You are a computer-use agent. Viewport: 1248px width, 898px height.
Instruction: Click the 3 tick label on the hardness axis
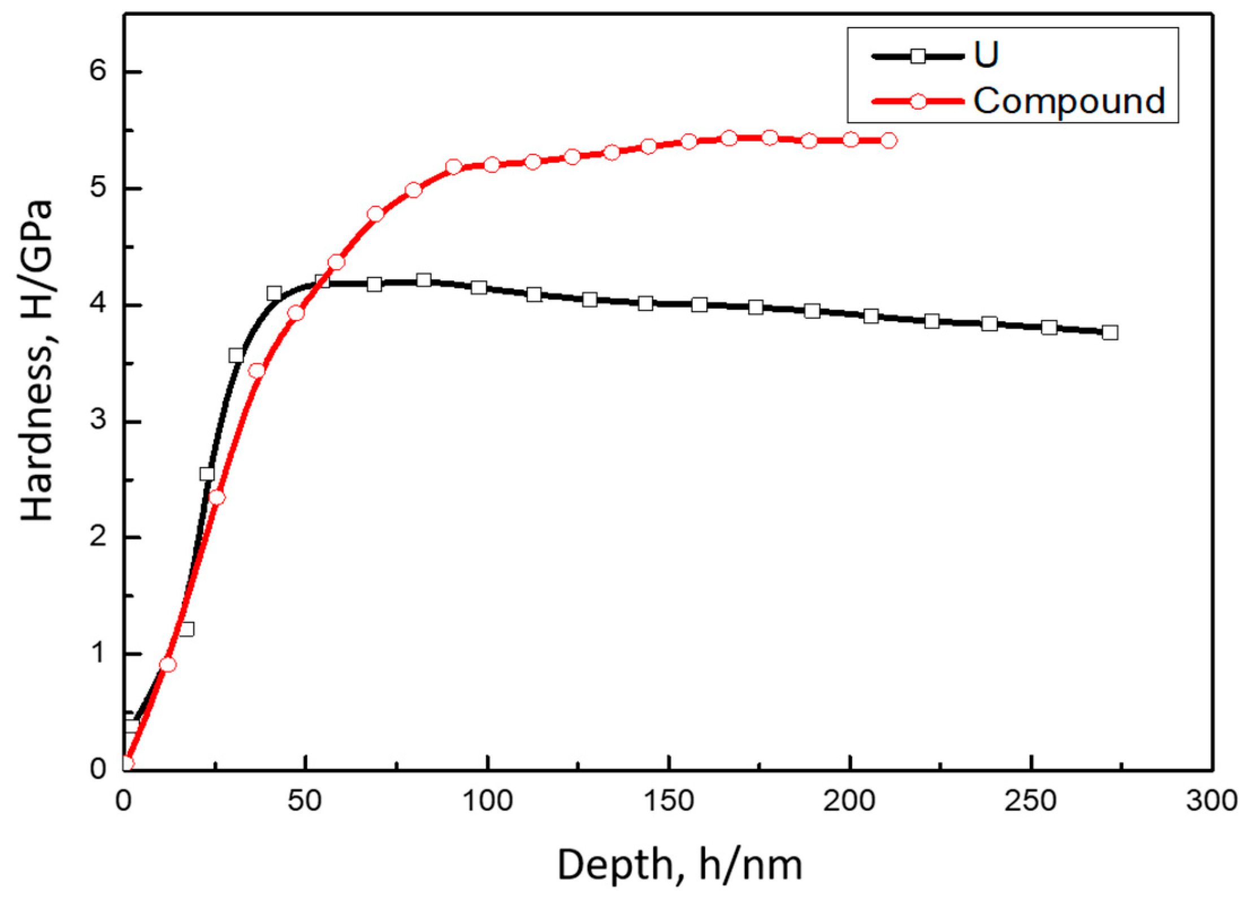98,421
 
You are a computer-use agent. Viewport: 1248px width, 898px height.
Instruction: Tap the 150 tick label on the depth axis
669,801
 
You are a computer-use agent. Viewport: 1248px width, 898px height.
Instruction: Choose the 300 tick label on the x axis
1212,801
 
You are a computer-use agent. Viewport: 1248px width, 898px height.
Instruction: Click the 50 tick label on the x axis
305,801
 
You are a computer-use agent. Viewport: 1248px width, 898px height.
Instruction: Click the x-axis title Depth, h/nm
680,865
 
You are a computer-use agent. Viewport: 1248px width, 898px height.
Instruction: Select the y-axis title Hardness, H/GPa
37,360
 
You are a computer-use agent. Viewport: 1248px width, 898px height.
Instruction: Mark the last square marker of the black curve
1110,332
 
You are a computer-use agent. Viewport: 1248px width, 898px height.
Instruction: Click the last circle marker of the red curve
889,140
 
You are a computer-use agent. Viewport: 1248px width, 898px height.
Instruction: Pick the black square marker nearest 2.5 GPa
207,474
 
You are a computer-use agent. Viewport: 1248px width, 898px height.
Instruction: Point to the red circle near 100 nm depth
491,165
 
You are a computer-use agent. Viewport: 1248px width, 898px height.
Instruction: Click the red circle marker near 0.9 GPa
168,664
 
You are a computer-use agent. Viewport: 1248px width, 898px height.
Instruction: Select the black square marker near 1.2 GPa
187,628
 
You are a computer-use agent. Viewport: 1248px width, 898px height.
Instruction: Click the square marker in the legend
918,56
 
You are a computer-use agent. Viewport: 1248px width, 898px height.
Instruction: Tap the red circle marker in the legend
918,102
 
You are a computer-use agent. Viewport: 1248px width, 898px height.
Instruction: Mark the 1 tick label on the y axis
98,653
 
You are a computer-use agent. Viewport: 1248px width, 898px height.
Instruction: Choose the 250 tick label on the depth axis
1030,801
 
